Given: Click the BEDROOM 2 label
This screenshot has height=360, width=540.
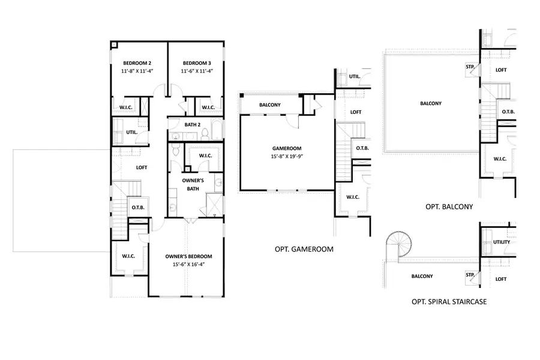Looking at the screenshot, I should point(138,63).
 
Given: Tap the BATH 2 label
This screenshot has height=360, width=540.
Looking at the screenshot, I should point(192,125).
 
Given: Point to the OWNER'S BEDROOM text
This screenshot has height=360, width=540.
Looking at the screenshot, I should point(189,256).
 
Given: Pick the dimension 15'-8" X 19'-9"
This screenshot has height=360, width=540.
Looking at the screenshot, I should point(286,157).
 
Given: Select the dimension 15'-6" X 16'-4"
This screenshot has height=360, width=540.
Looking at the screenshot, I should point(189,264).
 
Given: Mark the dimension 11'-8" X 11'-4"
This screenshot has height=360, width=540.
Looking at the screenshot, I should point(138,71).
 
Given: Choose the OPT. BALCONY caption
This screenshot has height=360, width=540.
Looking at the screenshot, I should point(449,206).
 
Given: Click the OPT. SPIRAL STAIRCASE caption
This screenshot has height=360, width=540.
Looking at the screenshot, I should point(449,302).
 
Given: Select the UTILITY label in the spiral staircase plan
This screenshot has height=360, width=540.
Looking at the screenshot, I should point(501,242).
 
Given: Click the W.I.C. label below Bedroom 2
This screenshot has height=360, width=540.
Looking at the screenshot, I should point(127,107).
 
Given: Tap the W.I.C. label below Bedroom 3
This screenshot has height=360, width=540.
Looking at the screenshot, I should point(208,107).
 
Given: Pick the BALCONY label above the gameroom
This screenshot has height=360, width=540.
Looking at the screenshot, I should point(270,105).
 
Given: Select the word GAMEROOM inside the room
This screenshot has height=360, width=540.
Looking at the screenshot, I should point(286,149).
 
